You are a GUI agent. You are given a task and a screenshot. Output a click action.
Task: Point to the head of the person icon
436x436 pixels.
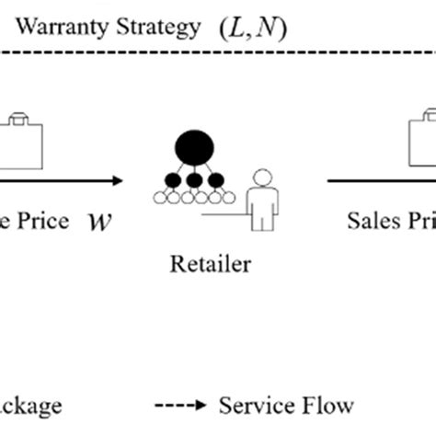pyautogui.click(x=265, y=179)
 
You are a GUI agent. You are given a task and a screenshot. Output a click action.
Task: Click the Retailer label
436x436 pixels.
pyautogui.click(x=209, y=266)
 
